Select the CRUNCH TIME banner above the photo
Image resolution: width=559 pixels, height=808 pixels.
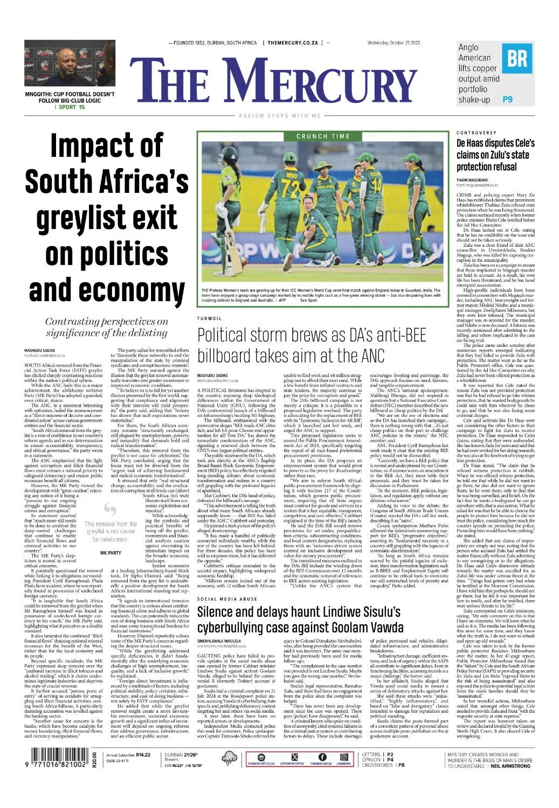(x=323, y=136)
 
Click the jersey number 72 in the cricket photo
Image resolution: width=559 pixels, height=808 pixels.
(x=291, y=189)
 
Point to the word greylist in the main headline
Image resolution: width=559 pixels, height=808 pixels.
(x=106, y=218)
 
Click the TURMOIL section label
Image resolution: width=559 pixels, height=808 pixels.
(x=210, y=319)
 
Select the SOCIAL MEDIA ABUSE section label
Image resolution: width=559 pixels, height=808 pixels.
(x=227, y=599)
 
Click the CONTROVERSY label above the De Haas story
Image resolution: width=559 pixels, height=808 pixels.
(x=477, y=133)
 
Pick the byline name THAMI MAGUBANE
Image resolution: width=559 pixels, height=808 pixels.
(x=472, y=180)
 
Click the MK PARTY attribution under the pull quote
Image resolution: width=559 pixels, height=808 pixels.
(x=111, y=553)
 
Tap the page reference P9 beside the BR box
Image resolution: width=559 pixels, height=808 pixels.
(x=507, y=99)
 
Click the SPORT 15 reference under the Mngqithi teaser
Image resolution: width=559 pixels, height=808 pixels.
(x=71, y=107)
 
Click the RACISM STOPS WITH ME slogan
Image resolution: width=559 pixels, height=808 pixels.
(x=279, y=116)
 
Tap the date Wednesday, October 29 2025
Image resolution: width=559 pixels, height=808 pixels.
(x=394, y=43)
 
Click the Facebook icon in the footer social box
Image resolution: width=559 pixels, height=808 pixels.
(x=322, y=757)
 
